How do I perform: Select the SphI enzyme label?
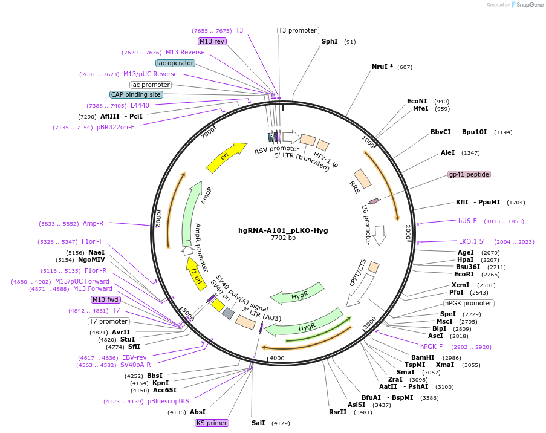(x=330, y=42)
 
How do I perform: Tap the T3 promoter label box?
(x=298, y=30)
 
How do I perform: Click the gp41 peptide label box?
(x=469, y=174)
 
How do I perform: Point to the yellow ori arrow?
(x=227, y=157)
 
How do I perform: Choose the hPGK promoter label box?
(x=468, y=303)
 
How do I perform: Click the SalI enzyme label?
(x=258, y=423)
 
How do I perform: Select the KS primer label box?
(x=212, y=423)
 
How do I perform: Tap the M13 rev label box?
(x=212, y=41)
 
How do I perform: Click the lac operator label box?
(x=175, y=63)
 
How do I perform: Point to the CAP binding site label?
(x=136, y=94)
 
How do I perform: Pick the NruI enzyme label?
(x=382, y=67)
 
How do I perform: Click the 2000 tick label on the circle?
(x=408, y=232)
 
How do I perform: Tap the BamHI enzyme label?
(x=423, y=357)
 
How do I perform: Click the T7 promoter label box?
(x=109, y=321)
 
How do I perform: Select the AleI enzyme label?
(x=448, y=152)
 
